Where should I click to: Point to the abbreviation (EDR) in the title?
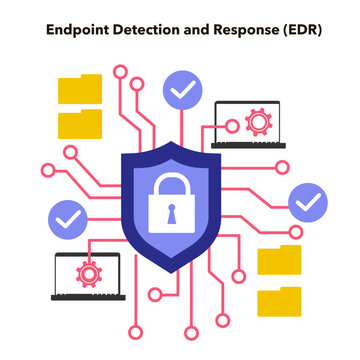coord(303,30)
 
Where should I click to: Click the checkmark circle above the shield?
coord(181,90)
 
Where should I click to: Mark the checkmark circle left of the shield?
coord(67,217)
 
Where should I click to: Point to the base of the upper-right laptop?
coord(249,145)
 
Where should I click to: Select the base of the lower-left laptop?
coord(87,296)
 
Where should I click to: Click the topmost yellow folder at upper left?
coord(80,91)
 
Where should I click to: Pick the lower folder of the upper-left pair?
coord(80,125)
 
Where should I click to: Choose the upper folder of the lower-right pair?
coord(279,259)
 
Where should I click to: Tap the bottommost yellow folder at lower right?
coord(279,300)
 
